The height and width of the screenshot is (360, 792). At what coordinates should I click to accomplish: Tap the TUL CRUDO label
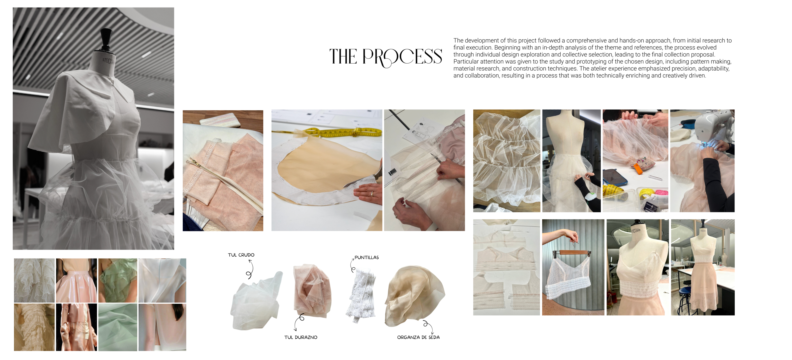pyautogui.click(x=241, y=255)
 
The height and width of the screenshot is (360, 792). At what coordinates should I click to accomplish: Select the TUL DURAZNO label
pyautogui.click(x=301, y=337)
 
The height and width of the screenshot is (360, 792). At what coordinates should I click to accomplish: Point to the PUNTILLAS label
pyautogui.click(x=366, y=257)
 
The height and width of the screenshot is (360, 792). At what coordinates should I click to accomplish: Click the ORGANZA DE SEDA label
pyautogui.click(x=418, y=337)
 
